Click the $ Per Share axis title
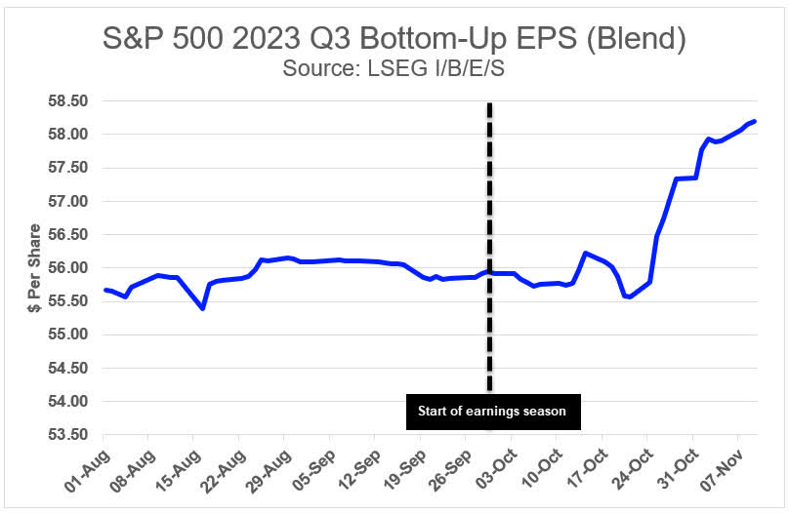pyautogui.click(x=34, y=268)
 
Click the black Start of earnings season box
pyautogui.click(x=491, y=411)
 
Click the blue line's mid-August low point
pyautogui.click(x=202, y=308)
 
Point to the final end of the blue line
pyautogui.click(x=755, y=121)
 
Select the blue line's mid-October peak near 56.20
pyautogui.click(x=585, y=253)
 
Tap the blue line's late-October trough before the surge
pyautogui.click(x=628, y=296)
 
